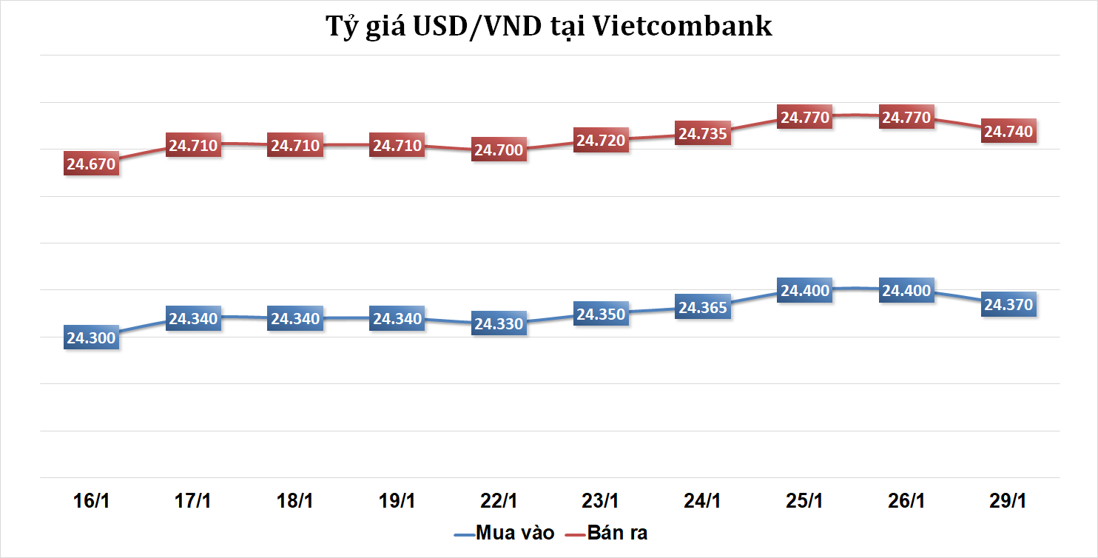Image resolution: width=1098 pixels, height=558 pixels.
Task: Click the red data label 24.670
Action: pyautogui.click(x=91, y=164)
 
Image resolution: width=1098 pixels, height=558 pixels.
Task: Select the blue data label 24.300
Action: pyautogui.click(x=91, y=338)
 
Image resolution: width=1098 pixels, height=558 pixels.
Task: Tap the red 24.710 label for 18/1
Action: pyautogui.click(x=295, y=145)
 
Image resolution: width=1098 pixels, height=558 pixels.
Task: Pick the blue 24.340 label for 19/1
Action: pyautogui.click(x=397, y=319)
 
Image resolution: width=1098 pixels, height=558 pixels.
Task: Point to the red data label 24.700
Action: pyautogui.click(x=499, y=150)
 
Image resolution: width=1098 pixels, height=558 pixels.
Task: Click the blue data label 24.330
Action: pyautogui.click(x=499, y=323)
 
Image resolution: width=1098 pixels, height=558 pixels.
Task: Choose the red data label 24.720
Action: pyautogui.click(x=602, y=140)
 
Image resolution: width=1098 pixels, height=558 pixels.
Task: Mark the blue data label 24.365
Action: pyautogui.click(x=704, y=307)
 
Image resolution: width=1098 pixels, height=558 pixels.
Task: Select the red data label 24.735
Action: pyautogui.click(x=704, y=133)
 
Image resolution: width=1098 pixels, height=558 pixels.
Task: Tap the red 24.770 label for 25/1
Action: pyautogui.click(x=806, y=117)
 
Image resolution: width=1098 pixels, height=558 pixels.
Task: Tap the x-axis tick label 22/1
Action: pyautogui.click(x=499, y=500)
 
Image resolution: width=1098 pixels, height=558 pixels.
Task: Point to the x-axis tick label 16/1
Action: pyautogui.click(x=91, y=500)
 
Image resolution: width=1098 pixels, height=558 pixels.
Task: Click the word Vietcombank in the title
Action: pyautogui.click(x=683, y=27)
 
